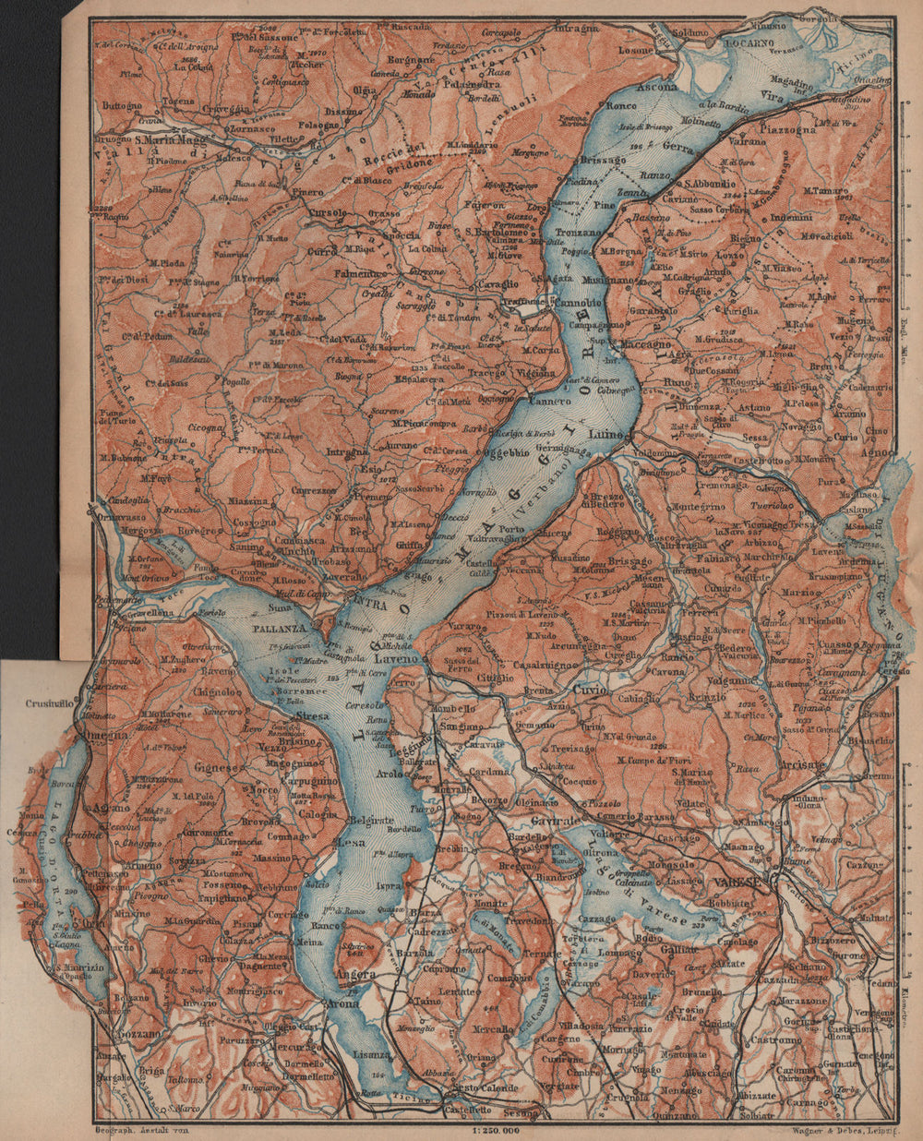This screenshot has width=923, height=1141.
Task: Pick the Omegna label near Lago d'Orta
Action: (x=105, y=736)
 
